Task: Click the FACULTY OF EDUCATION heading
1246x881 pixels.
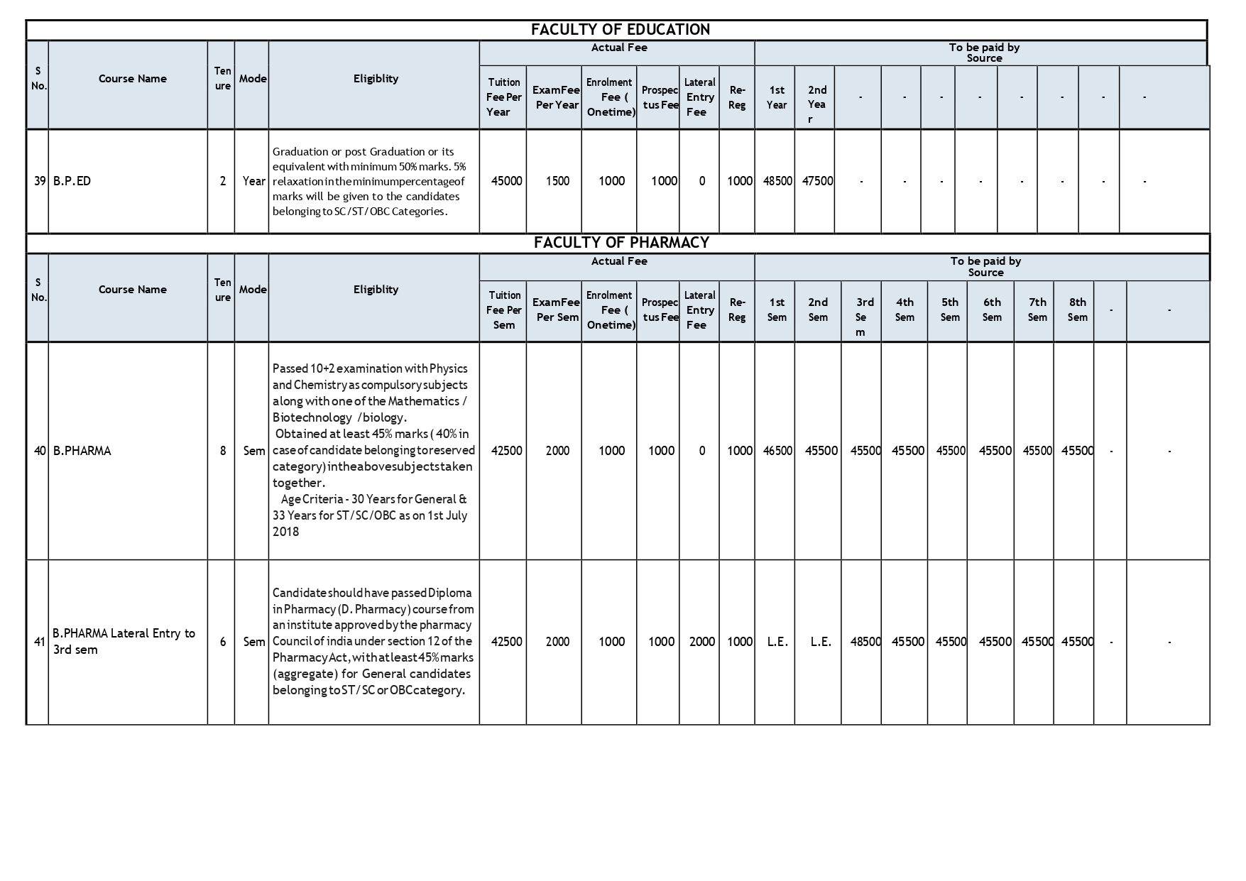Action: point(620,30)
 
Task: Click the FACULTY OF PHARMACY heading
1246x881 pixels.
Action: point(621,243)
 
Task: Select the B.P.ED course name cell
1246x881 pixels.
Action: point(72,181)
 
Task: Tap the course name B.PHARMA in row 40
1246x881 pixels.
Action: point(82,451)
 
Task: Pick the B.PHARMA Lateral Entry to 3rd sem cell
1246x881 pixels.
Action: point(124,641)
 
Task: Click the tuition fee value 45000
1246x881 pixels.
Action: point(506,181)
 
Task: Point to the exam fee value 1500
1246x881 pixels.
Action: point(557,181)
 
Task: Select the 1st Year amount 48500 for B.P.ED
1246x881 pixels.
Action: point(777,181)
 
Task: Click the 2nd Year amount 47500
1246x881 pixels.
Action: point(817,181)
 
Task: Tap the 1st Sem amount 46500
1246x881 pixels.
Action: point(777,451)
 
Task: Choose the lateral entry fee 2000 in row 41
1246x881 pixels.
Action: point(701,642)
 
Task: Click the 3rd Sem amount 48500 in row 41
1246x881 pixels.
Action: point(865,642)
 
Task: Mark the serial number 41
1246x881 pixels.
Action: point(40,642)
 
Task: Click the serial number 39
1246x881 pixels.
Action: point(40,181)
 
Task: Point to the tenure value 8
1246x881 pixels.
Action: point(223,451)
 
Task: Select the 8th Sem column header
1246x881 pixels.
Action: point(1077,310)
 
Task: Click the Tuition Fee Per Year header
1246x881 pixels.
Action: point(503,97)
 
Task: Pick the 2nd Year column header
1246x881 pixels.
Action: point(817,104)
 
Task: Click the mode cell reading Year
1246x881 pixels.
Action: point(253,181)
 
